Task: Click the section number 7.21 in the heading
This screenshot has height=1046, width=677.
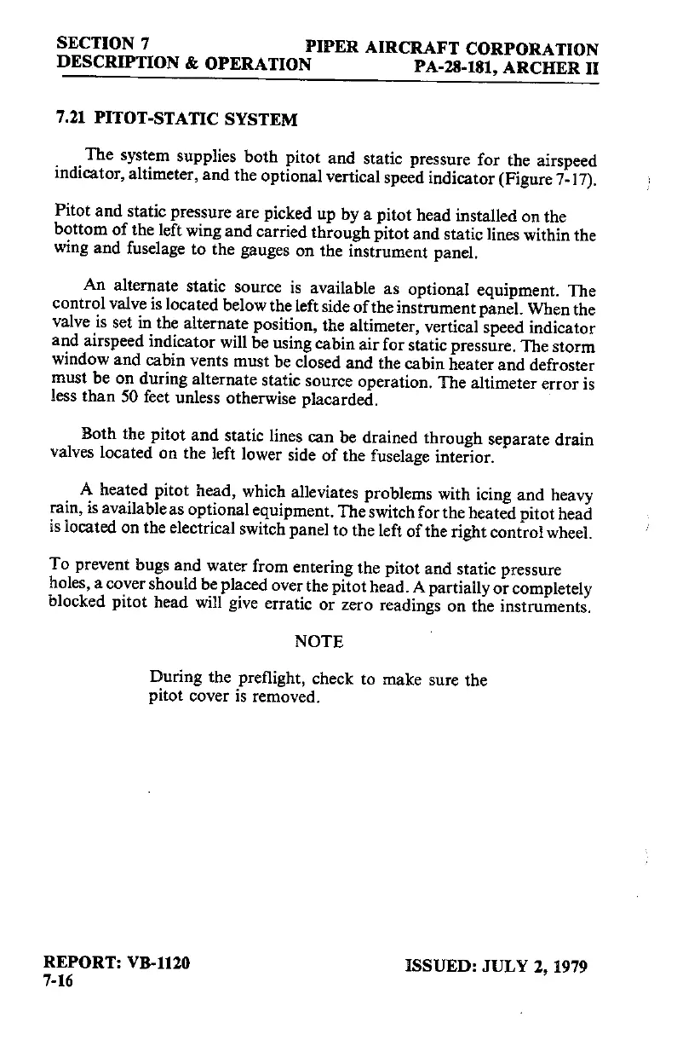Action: click(71, 119)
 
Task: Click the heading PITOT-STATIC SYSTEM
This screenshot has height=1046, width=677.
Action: click(197, 119)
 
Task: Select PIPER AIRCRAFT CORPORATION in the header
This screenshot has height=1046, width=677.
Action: click(451, 49)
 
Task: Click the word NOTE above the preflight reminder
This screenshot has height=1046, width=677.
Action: click(318, 641)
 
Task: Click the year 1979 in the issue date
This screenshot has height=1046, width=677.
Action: click(567, 966)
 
